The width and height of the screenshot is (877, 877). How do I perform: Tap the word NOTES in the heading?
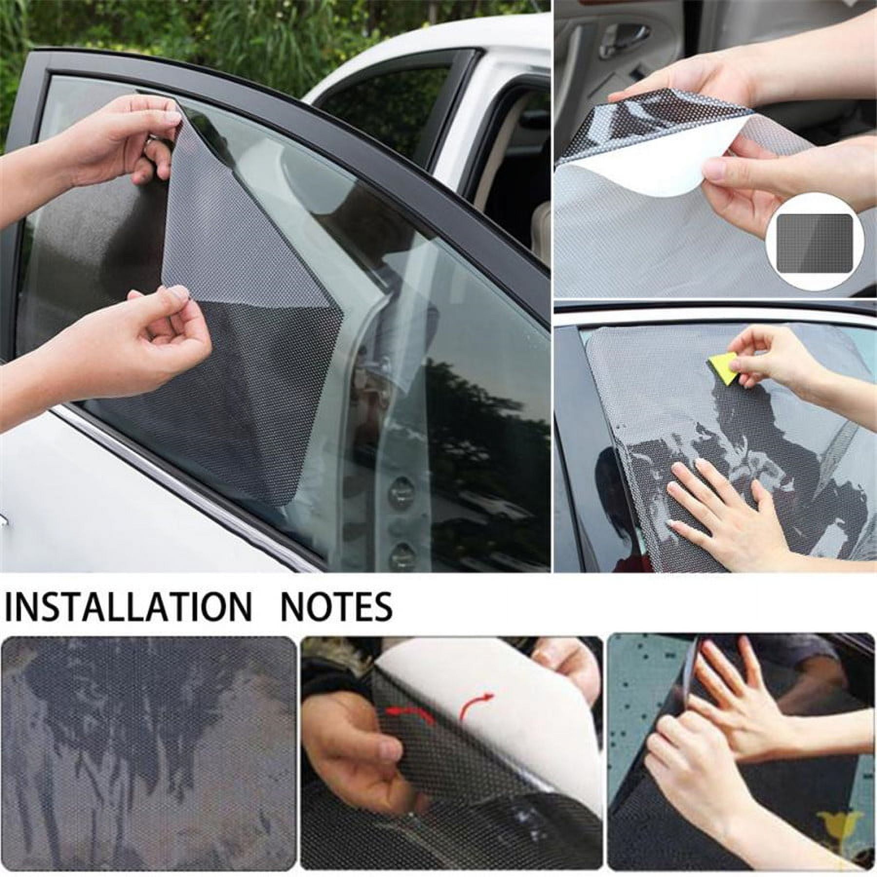coord(337,606)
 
